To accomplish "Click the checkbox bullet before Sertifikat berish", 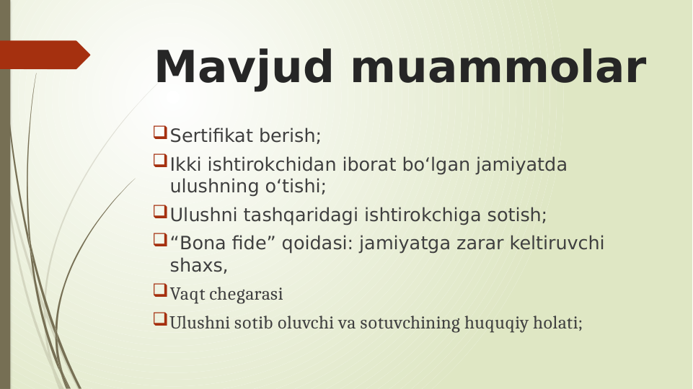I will click(x=160, y=133).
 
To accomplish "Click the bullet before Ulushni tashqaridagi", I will click(x=160, y=213).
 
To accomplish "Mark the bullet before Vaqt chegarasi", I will click(x=160, y=291).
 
